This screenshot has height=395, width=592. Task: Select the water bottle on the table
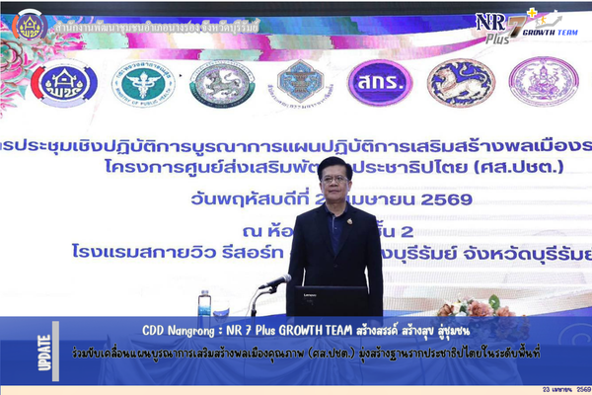coord(204,304)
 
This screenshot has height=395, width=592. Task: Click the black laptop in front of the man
coord(328,299)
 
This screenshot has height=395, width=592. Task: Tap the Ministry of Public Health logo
coord(144,83)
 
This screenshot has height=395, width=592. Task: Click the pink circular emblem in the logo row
coord(543,83)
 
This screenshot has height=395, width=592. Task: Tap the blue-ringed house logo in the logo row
coord(64,83)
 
